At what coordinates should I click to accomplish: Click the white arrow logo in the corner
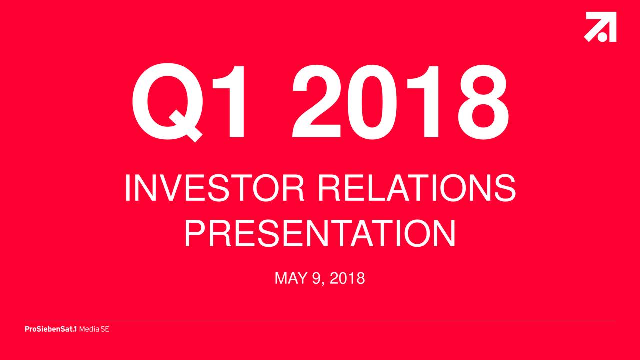pyautogui.click(x=600, y=27)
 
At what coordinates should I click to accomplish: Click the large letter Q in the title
pyautogui.click(x=167, y=102)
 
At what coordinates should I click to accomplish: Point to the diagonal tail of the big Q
pyautogui.click(x=186, y=126)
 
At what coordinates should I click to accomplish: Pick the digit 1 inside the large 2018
pyautogui.click(x=423, y=102)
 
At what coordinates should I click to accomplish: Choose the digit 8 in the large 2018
pyautogui.click(x=483, y=102)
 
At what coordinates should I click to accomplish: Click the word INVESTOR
pyautogui.click(x=215, y=188)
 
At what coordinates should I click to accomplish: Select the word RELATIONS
pyautogui.click(x=417, y=188)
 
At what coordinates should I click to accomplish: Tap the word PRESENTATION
pyautogui.click(x=320, y=233)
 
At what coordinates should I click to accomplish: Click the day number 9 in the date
pyautogui.click(x=317, y=278)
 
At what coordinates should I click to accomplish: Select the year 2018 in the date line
pyautogui.click(x=347, y=278)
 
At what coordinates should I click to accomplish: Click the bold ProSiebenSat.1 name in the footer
pyautogui.click(x=51, y=329)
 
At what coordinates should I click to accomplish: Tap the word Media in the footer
pyautogui.click(x=89, y=329)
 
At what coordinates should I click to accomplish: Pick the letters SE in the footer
pyautogui.click(x=105, y=329)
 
